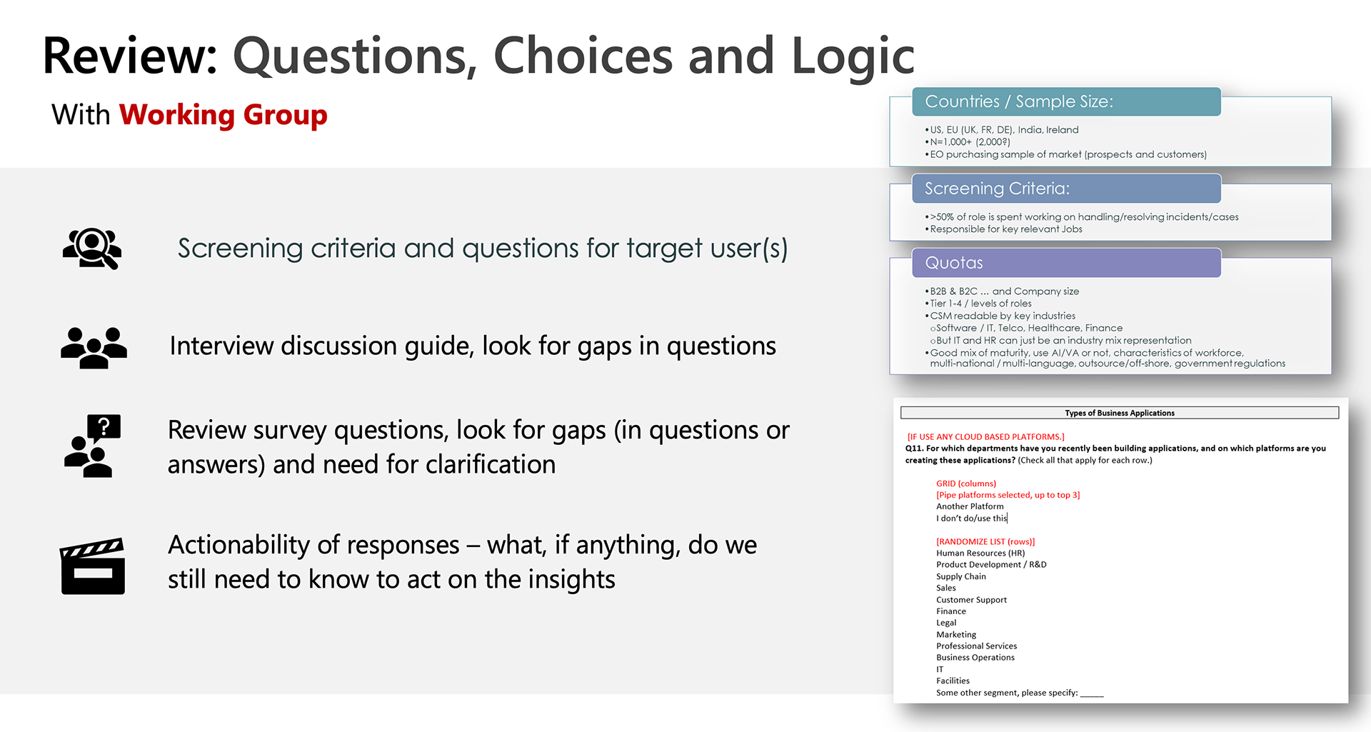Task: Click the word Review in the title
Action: (x=130, y=56)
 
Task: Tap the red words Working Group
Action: (x=223, y=115)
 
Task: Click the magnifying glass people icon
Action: (x=92, y=249)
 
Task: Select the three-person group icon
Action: (x=94, y=348)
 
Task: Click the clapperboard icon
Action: (x=93, y=566)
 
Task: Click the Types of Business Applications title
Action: (x=1120, y=413)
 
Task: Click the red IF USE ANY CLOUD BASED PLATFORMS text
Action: (x=985, y=436)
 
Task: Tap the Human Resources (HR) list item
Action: (x=980, y=553)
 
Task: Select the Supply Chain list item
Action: (x=961, y=576)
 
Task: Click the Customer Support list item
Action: (x=971, y=600)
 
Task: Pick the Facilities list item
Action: (x=953, y=681)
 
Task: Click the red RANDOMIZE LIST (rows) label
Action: (x=985, y=541)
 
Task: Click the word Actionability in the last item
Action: (x=242, y=546)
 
